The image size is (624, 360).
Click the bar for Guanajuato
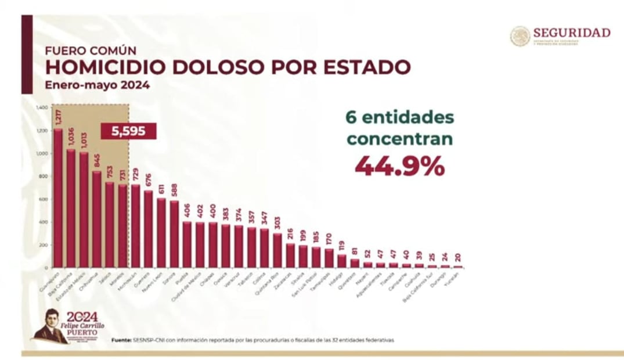58,197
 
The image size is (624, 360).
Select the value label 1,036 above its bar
71,139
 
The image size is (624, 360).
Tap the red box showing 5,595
129,132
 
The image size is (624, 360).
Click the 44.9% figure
399,166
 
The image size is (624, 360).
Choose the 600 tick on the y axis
43,199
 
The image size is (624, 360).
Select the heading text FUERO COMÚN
81,50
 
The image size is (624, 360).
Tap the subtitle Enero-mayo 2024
98,85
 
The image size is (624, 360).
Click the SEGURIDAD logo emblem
520,36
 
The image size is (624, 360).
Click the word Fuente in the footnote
122,340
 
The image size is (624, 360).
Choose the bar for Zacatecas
290,255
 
